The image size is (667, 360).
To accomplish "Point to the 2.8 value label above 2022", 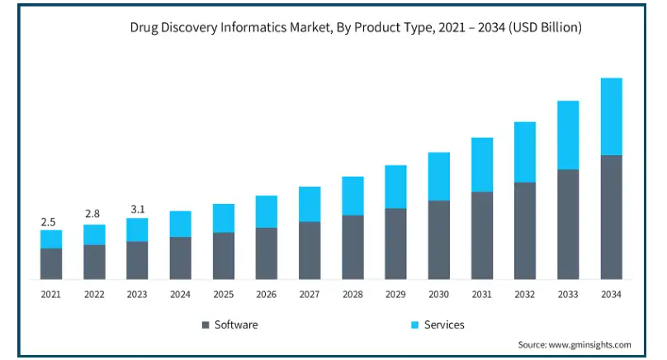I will click(x=93, y=215).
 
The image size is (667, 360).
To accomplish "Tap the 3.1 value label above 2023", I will click(x=137, y=209).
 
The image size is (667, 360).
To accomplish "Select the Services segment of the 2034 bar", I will click(x=611, y=116).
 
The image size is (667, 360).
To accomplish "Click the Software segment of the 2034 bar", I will click(x=611, y=217).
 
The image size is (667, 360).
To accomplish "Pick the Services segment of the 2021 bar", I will click(x=51, y=239).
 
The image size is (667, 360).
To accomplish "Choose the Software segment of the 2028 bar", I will click(x=352, y=248).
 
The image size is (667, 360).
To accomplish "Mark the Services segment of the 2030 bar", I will click(x=438, y=177).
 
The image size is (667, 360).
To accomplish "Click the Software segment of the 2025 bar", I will click(x=223, y=256).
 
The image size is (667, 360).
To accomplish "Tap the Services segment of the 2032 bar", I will click(x=525, y=152).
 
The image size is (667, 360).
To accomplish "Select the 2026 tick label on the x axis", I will click(x=266, y=295).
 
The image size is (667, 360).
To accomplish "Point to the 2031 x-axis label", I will click(x=481, y=295).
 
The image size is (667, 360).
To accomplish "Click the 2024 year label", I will click(x=180, y=295).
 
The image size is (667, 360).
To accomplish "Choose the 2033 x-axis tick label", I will click(x=568, y=295).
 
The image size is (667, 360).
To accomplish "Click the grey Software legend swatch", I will click(x=206, y=325).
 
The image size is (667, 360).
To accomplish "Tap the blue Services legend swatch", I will click(x=414, y=325).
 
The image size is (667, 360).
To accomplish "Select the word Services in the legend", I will click(x=444, y=325).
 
